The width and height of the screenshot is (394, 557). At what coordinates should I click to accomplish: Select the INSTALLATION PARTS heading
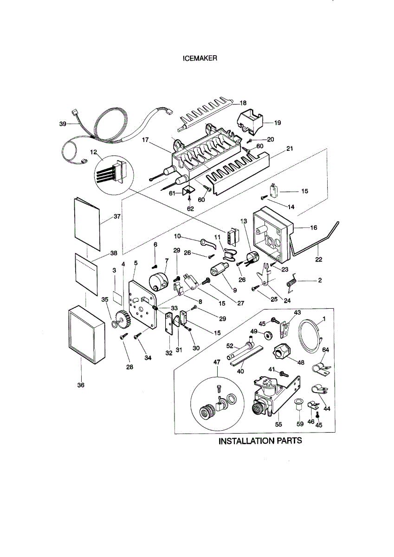tap(260, 440)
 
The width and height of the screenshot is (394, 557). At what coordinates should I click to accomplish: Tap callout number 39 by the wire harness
tap(62, 124)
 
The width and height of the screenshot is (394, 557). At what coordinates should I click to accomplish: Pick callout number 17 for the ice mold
tap(146, 139)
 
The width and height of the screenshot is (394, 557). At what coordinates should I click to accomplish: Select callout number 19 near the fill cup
tap(278, 123)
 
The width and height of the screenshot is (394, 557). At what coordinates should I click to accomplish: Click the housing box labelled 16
tap(272, 234)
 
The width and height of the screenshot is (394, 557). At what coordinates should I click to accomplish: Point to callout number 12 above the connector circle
tap(93, 153)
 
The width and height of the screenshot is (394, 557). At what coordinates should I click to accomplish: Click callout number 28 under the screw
tap(129, 367)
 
